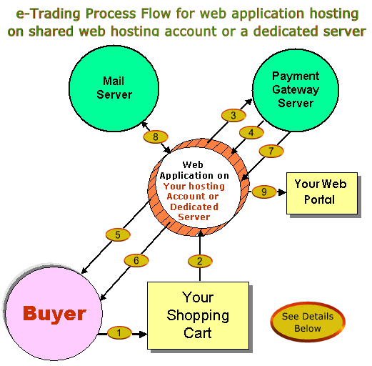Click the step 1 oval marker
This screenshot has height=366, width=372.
119,332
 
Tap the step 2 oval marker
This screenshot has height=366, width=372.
200,261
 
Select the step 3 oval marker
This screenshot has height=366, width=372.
233,115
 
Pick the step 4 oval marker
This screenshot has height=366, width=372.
251,132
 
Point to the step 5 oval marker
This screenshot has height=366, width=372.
118,234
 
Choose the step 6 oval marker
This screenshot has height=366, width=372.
136,260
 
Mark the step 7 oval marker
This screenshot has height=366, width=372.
271,151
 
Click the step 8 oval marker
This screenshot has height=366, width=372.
156,137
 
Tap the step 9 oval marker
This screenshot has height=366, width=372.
264,192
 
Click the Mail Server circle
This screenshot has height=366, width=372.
114,89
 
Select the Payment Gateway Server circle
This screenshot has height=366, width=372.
296,90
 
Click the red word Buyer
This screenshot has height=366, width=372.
54,313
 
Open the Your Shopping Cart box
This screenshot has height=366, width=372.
198,315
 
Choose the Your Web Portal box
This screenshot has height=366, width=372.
322,193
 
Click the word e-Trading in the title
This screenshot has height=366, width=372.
48,14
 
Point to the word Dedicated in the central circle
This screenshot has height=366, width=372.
194,207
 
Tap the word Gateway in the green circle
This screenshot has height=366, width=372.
296,90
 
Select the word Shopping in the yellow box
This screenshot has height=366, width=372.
198,316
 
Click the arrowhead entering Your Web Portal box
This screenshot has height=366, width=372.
282,192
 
